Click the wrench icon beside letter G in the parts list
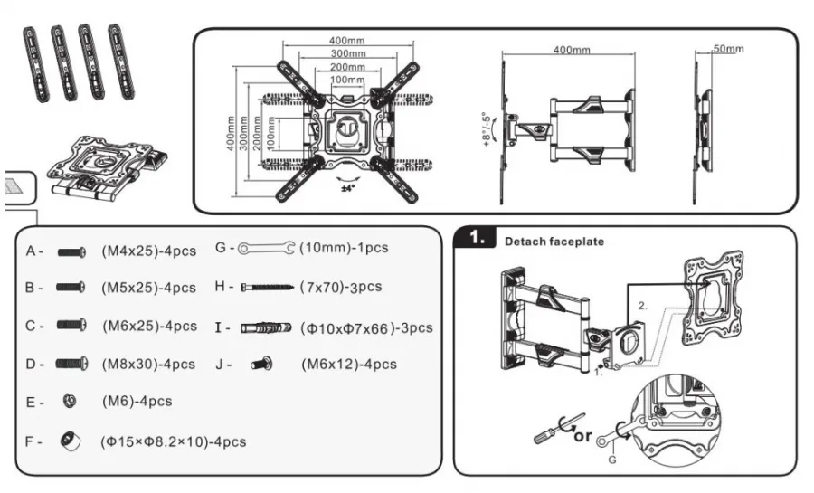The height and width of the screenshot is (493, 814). pos(266,248)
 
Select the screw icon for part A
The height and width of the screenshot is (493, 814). pos(71,252)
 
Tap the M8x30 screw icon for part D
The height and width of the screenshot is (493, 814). pos(71,363)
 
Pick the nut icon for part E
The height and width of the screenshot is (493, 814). pos(69,401)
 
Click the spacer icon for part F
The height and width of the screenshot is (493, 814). pos(70,441)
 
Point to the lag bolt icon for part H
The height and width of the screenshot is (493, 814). pos(268,287)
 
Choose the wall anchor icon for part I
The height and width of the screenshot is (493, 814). pos(266,327)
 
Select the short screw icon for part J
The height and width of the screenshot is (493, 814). pos(262,364)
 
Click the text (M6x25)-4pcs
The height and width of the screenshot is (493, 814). pos(149,326)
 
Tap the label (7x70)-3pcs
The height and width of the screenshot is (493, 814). pos(341,287)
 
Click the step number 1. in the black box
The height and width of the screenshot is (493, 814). pos(476,238)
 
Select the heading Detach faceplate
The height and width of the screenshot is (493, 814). pos(554,242)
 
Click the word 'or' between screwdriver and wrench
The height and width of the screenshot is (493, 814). pos(582,436)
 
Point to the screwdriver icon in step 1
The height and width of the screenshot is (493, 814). pos(555,430)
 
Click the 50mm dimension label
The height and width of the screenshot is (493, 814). pos(728,49)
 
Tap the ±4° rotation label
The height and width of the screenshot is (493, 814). pos(348,188)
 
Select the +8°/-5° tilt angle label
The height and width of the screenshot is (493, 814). pos(487,129)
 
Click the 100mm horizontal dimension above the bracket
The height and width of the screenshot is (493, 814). pos(347,80)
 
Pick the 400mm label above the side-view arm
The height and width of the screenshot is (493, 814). pos(572,50)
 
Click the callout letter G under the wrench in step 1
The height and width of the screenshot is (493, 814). pos(612,460)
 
